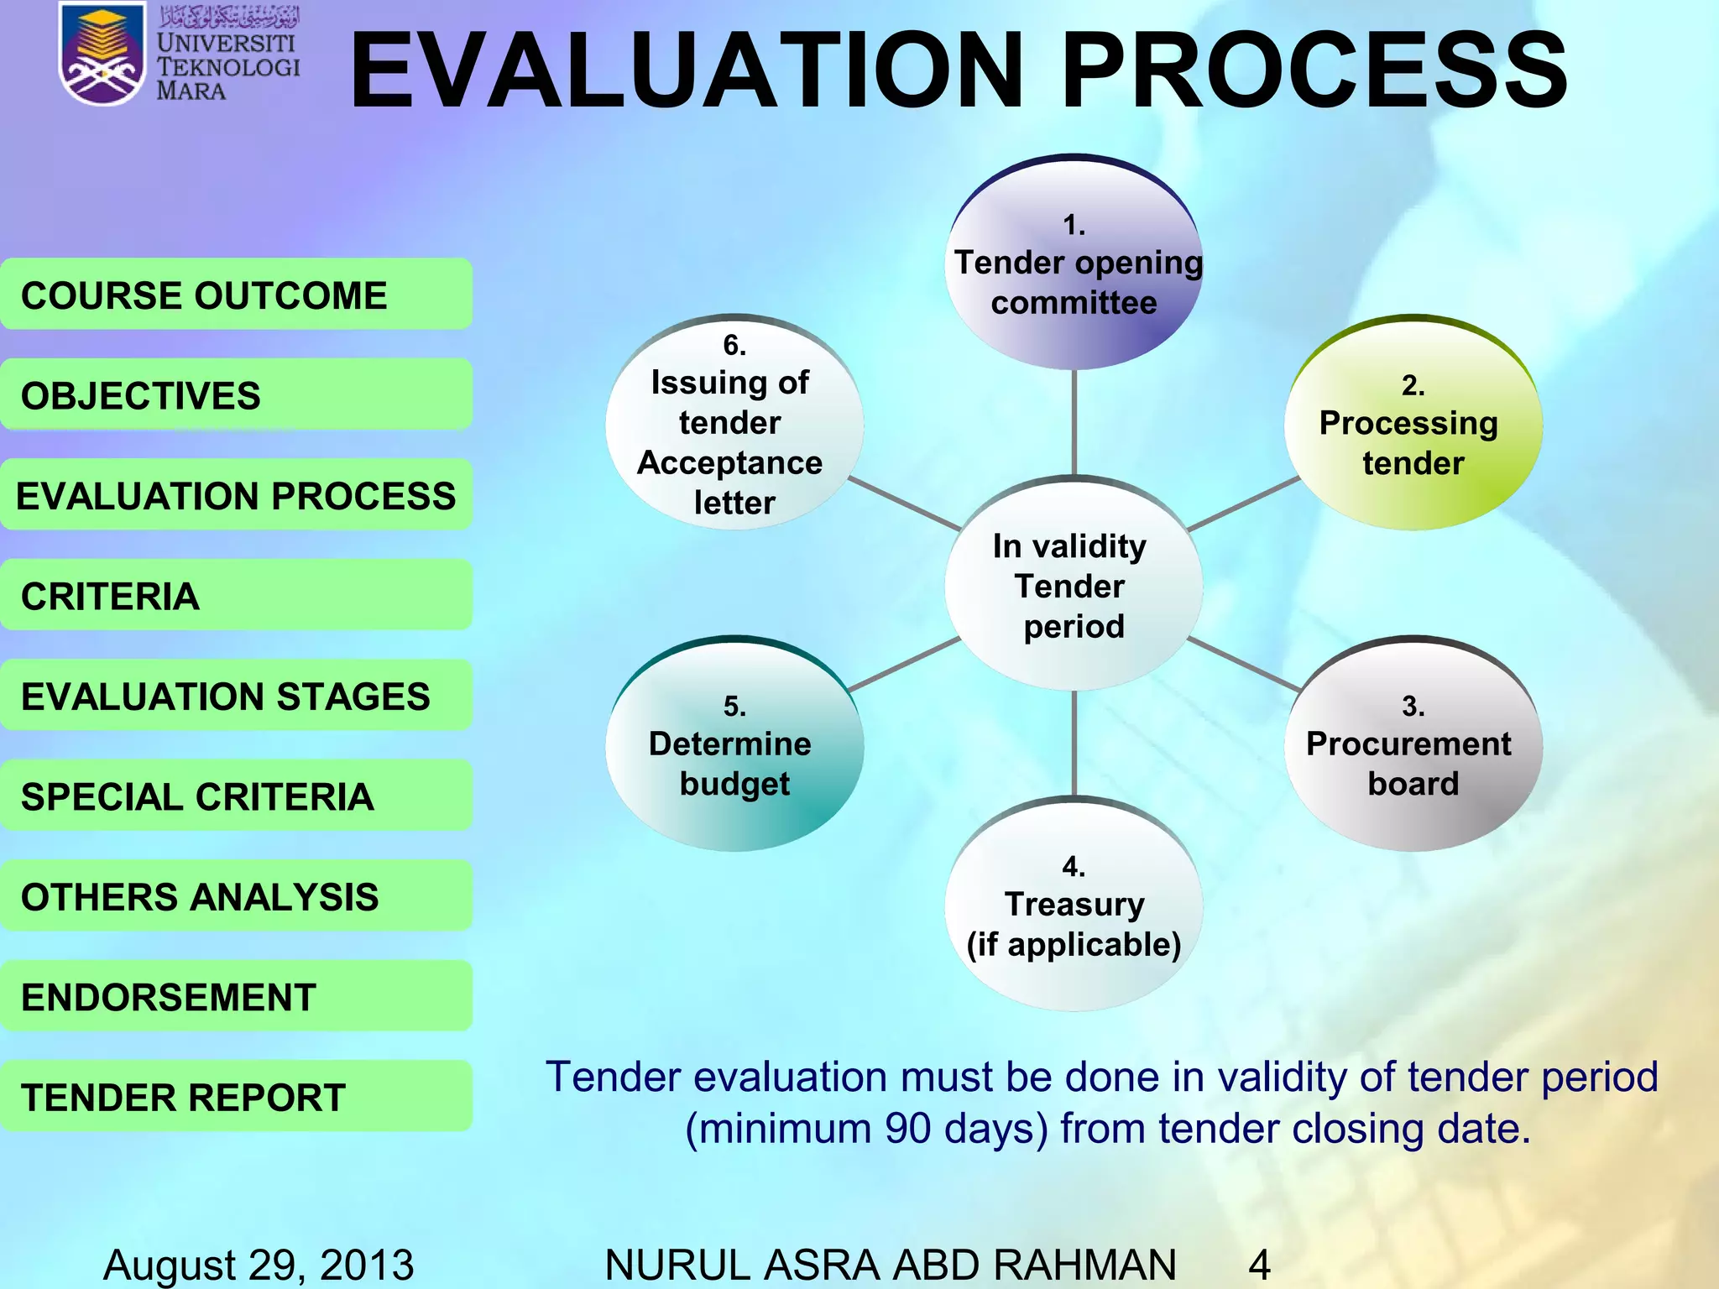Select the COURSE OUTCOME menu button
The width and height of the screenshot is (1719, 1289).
coord(236,295)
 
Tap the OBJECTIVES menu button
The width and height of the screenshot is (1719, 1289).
coord(236,394)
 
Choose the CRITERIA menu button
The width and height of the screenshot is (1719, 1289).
coord(236,595)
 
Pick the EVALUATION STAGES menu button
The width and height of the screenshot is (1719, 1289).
coord(236,696)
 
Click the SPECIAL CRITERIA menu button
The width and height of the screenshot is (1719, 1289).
coord(236,796)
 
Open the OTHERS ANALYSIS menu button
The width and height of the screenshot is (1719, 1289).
coord(236,896)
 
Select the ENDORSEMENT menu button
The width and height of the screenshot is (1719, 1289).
coord(236,996)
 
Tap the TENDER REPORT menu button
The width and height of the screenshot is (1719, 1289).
coord(236,1096)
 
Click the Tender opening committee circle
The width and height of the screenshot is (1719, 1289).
coord(1074,263)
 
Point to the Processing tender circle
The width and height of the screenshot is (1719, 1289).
coord(1413,424)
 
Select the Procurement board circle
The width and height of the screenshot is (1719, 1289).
coord(1413,744)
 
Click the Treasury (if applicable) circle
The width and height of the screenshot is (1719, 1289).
coord(1074,905)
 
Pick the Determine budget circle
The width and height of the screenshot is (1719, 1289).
coord(734,744)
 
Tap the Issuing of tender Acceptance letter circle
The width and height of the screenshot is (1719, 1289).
coord(734,424)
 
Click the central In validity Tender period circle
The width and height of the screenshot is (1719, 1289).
coord(1074,585)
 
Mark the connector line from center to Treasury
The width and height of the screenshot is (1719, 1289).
coord(1074,744)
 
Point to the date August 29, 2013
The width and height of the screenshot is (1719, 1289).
coord(259,1264)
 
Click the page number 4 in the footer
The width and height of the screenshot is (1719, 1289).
coord(1259,1264)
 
